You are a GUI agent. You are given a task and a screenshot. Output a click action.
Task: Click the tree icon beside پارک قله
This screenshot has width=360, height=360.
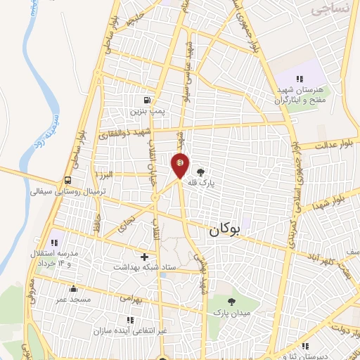[x=201, y=171]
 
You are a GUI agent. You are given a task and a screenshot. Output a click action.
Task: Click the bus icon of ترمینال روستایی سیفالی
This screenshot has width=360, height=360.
[x=67, y=179]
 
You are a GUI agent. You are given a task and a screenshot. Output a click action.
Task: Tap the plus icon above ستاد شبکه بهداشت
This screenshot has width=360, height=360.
[x=145, y=257]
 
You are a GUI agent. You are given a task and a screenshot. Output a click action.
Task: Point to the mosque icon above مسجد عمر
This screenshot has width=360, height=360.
[x=73, y=288]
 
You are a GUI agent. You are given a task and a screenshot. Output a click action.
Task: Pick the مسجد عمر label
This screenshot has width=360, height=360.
[x=73, y=300]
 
